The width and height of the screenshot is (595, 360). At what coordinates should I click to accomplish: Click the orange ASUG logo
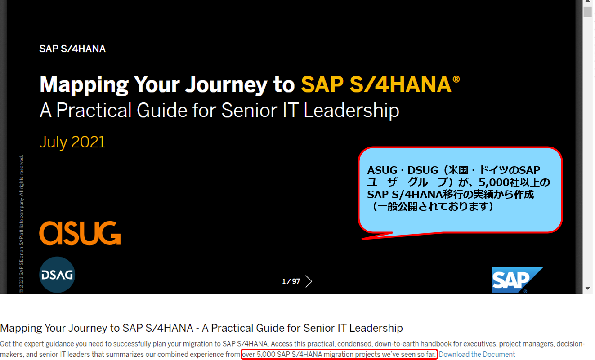coord(80,233)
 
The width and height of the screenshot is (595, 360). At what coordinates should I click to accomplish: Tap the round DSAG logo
coord(57,275)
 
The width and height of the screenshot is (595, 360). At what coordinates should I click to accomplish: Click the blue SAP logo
coord(517,280)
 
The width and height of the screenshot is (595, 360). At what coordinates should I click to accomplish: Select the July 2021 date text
coord(72,142)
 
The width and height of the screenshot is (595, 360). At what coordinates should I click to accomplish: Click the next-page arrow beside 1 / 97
coord(309,281)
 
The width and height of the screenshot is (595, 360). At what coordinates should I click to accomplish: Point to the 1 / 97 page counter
coord(291,281)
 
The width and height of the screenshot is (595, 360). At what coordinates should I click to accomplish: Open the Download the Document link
coord(477,354)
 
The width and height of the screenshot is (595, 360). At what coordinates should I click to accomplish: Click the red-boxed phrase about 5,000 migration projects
coord(339,354)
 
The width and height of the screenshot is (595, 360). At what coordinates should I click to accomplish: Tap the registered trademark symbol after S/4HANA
coord(456,80)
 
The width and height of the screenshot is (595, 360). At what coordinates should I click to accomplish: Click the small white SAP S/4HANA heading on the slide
coord(72,49)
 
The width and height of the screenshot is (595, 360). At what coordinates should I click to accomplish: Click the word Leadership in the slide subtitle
coord(351,111)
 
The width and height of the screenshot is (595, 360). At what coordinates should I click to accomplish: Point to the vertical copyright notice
coord(21,224)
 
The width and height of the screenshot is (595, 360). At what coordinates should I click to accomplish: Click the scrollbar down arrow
coord(587,289)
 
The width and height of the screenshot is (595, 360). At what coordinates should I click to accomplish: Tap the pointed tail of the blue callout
coord(362,239)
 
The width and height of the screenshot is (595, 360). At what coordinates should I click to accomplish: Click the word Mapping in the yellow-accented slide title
coord(84,85)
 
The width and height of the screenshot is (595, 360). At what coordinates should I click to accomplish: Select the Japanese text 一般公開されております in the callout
coord(433,206)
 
